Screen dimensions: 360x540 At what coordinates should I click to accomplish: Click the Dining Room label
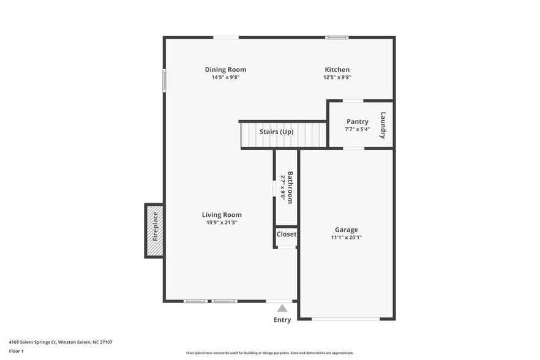click(225, 70)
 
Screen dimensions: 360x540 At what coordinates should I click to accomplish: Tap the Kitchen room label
click(337, 70)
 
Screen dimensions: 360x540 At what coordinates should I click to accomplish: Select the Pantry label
click(357, 121)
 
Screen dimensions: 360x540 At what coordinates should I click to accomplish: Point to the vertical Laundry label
click(383, 125)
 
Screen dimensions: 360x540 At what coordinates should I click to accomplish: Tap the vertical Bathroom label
click(290, 187)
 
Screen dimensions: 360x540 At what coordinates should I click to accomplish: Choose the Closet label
click(287, 234)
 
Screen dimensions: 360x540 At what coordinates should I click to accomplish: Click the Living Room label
click(222, 214)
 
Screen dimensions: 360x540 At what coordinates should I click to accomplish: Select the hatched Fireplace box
click(154, 231)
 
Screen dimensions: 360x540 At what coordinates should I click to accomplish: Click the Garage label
click(346, 230)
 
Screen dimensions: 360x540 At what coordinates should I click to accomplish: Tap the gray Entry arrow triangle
click(282, 309)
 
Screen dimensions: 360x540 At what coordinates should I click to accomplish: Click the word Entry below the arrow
click(282, 320)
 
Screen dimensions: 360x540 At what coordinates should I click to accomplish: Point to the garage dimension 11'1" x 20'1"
click(346, 237)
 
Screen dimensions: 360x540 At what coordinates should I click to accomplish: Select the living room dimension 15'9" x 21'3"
click(222, 222)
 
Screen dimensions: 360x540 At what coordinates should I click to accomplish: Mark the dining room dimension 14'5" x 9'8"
click(225, 77)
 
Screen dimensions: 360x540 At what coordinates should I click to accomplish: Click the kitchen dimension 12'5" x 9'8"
click(337, 77)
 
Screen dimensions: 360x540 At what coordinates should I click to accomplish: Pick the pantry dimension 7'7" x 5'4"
click(357, 129)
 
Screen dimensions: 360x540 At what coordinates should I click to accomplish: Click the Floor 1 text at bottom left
click(16, 351)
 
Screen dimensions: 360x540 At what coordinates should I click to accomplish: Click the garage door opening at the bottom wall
click(346, 318)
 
